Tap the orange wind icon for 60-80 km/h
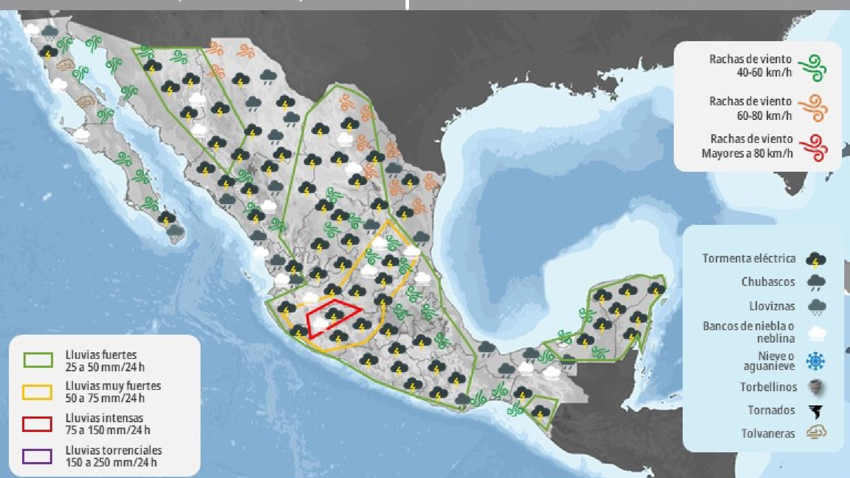813,108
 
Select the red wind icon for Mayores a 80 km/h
813,148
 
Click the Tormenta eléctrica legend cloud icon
815,260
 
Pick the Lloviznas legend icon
816,306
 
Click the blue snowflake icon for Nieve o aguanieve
815,361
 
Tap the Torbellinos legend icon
815,388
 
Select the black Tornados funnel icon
815,411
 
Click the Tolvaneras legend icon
816,432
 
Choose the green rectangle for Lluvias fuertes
38,360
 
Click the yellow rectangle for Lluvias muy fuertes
37,392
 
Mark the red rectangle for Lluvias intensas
37,424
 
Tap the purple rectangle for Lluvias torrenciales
37,456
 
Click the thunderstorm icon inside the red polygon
334,315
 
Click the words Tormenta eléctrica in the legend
749,258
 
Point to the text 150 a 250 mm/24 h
111,463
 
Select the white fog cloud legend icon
816,333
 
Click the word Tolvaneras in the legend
768,433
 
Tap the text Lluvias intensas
104,418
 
